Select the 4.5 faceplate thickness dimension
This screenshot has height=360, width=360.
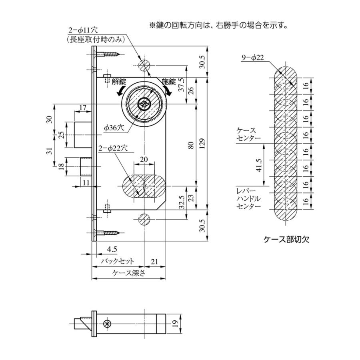click(112, 249)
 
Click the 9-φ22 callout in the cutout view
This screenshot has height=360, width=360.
click(253, 58)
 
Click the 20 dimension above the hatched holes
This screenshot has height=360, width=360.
click(144, 159)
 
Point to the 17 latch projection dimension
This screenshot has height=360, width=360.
click(83, 108)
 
